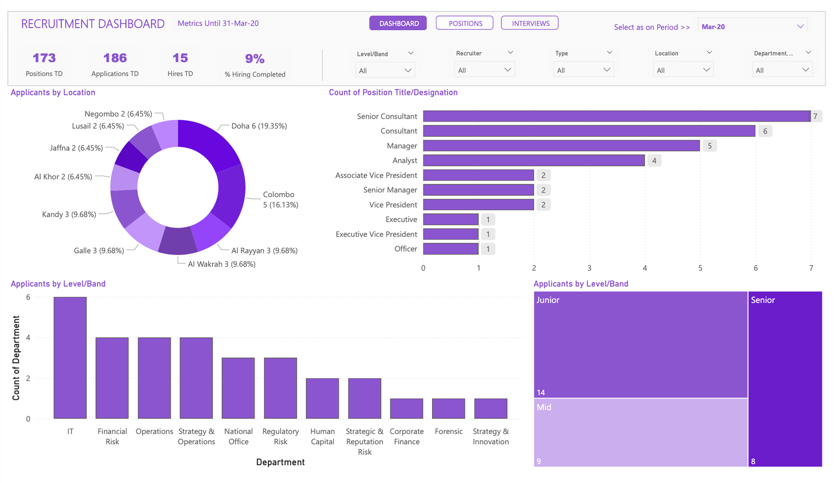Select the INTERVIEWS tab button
point(529,23)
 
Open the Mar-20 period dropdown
point(752,27)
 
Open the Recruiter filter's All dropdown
point(484,70)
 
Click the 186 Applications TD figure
point(115,58)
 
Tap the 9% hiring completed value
point(255,59)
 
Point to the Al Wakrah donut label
point(221,264)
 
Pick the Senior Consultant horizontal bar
point(616,116)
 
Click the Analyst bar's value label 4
point(654,161)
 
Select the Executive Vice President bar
point(450,234)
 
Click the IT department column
point(70,358)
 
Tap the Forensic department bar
point(448,408)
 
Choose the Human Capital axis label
point(323,437)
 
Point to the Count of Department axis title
point(16,358)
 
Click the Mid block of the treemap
point(640,432)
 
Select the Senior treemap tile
point(784,379)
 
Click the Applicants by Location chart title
point(53,92)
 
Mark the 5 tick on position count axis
point(700,268)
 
